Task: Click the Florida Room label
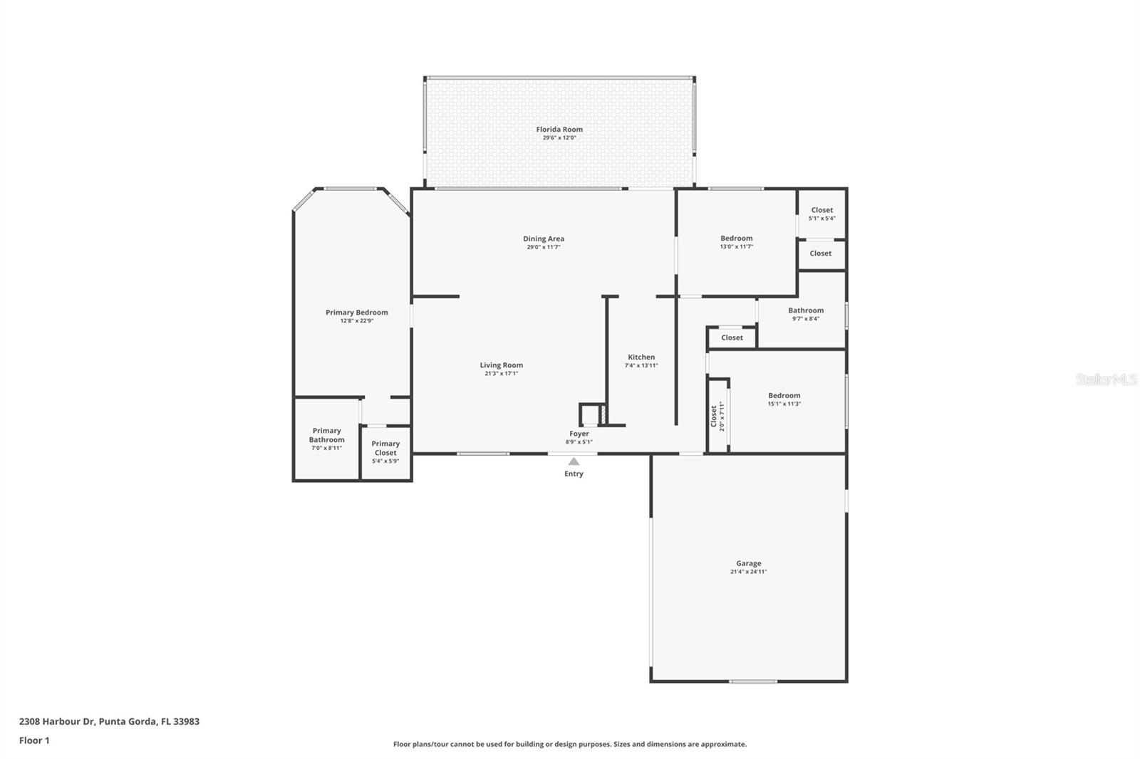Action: pyautogui.click(x=559, y=129)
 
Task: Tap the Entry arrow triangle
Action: pyautogui.click(x=574, y=461)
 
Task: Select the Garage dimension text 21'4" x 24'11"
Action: pyautogui.click(x=748, y=571)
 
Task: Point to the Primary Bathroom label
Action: pyautogui.click(x=327, y=435)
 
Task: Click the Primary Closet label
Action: pyautogui.click(x=385, y=448)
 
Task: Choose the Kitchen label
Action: pyautogui.click(x=641, y=357)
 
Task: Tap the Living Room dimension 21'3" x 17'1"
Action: pyautogui.click(x=502, y=373)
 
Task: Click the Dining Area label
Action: pyautogui.click(x=544, y=239)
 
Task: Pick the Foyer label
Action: pyautogui.click(x=579, y=434)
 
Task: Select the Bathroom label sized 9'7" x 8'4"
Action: pyautogui.click(x=806, y=310)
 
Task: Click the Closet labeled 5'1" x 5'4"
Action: pyautogui.click(x=822, y=210)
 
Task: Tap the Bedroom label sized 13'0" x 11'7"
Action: pyautogui.click(x=737, y=238)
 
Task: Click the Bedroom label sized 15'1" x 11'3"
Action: pyautogui.click(x=784, y=395)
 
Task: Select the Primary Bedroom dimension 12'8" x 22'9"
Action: pyautogui.click(x=357, y=321)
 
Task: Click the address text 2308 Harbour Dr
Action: pyautogui.click(x=56, y=721)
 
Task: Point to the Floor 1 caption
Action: pyautogui.click(x=34, y=740)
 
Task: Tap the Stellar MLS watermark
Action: pyautogui.click(x=1107, y=379)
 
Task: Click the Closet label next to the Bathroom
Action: pyautogui.click(x=732, y=337)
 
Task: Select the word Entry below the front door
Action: pyautogui.click(x=574, y=473)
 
